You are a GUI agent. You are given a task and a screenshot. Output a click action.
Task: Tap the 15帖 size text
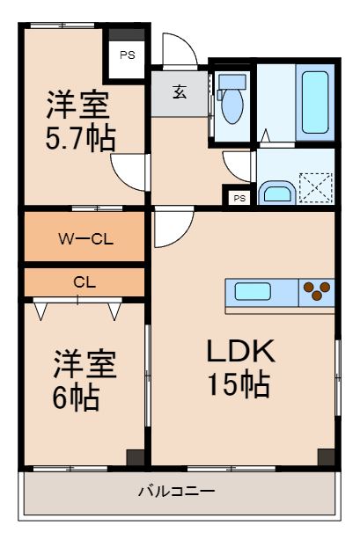tap(238, 384)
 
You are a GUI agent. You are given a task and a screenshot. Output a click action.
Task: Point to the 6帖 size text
tap(76, 398)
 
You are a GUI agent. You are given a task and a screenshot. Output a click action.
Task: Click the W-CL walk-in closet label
tap(84, 237)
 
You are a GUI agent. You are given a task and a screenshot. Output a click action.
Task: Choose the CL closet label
tap(84, 282)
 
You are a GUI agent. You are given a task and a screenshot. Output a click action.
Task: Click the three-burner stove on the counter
tap(317, 291)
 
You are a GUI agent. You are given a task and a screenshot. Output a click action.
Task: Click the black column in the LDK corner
tap(326, 456)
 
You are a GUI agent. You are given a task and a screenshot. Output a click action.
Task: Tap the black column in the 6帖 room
tap(134, 456)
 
